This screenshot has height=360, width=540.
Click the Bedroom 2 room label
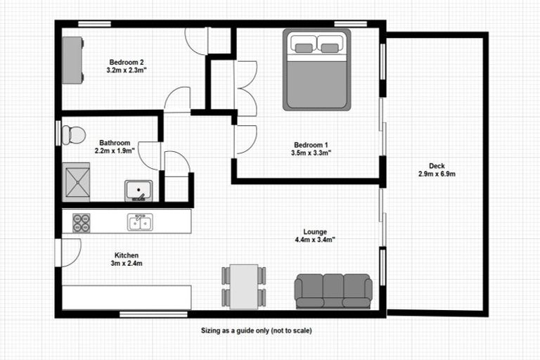[x=127, y=61]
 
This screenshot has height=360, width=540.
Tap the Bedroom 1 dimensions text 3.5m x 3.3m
[x=311, y=152]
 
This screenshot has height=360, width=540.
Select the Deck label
[x=437, y=166]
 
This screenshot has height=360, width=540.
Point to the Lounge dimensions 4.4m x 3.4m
[x=314, y=240]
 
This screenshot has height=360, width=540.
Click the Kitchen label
[x=127, y=255]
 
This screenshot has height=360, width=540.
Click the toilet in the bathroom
[x=73, y=134]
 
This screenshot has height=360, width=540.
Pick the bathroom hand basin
[x=139, y=191]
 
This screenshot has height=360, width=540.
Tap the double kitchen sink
[x=140, y=223]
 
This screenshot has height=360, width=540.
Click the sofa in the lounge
[x=333, y=290]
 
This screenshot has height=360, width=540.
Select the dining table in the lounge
[x=244, y=285]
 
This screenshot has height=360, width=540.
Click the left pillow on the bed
[x=304, y=47]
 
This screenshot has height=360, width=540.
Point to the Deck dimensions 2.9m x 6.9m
[x=437, y=174]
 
